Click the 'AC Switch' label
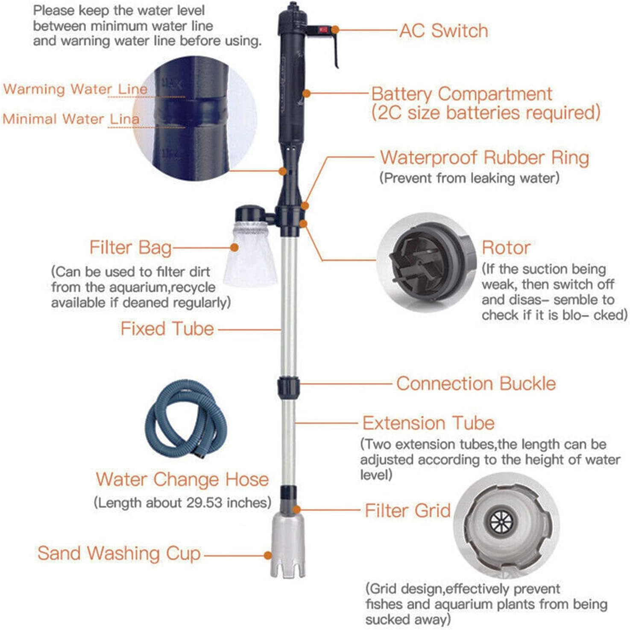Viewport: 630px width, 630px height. point(443,31)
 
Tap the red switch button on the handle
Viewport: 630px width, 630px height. point(323,30)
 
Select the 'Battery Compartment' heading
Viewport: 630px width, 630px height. point(461,94)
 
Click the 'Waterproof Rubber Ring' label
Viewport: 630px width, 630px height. point(484,158)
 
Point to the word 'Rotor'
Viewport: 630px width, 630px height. point(506,248)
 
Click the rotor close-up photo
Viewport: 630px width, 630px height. point(427,261)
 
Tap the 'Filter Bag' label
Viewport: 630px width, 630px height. point(130,248)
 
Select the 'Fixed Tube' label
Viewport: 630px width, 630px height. point(167,329)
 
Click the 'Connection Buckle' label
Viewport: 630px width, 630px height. point(476,384)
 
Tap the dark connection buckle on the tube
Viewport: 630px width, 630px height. point(288,387)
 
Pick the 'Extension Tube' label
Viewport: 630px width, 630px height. point(428,423)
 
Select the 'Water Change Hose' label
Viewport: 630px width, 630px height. point(182,479)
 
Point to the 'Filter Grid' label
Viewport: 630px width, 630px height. point(407,510)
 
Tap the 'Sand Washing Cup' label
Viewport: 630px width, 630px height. point(119,553)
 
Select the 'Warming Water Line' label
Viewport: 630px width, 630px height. point(75,89)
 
